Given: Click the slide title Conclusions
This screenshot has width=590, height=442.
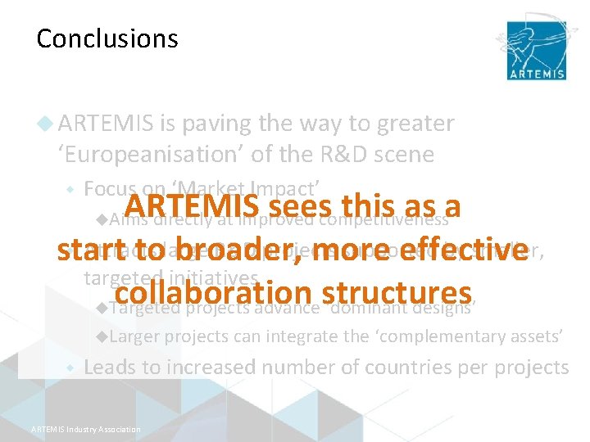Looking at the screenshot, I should [x=107, y=38].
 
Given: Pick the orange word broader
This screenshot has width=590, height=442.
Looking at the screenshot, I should [x=238, y=250].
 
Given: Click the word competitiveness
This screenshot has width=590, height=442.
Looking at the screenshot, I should [x=384, y=219].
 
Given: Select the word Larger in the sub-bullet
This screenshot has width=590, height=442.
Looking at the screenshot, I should [x=134, y=336].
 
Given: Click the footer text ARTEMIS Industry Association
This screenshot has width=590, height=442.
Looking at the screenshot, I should [x=85, y=429].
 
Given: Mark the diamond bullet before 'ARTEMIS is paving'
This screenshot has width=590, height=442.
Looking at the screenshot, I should [x=47, y=124].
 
